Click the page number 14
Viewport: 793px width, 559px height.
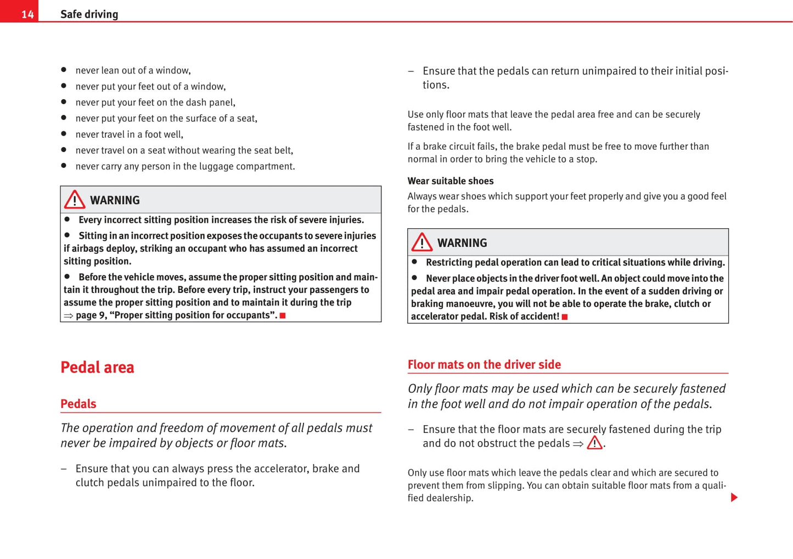[27, 14]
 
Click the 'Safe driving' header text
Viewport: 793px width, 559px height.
[89, 14]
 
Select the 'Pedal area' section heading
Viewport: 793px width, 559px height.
[97, 367]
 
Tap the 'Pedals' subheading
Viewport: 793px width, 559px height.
[78, 404]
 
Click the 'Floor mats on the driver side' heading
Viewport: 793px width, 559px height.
[484, 364]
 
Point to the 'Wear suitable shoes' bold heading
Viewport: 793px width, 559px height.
[450, 181]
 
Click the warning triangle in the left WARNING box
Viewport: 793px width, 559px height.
[75, 200]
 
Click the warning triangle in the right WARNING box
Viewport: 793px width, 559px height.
[422, 242]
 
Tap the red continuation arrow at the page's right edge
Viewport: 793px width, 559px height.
[734, 498]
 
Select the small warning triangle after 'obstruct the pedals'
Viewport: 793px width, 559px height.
[594, 443]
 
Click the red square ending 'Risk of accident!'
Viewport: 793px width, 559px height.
[565, 317]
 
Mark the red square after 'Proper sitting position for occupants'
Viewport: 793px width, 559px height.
[283, 315]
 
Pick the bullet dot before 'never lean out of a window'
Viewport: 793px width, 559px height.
[64, 70]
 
